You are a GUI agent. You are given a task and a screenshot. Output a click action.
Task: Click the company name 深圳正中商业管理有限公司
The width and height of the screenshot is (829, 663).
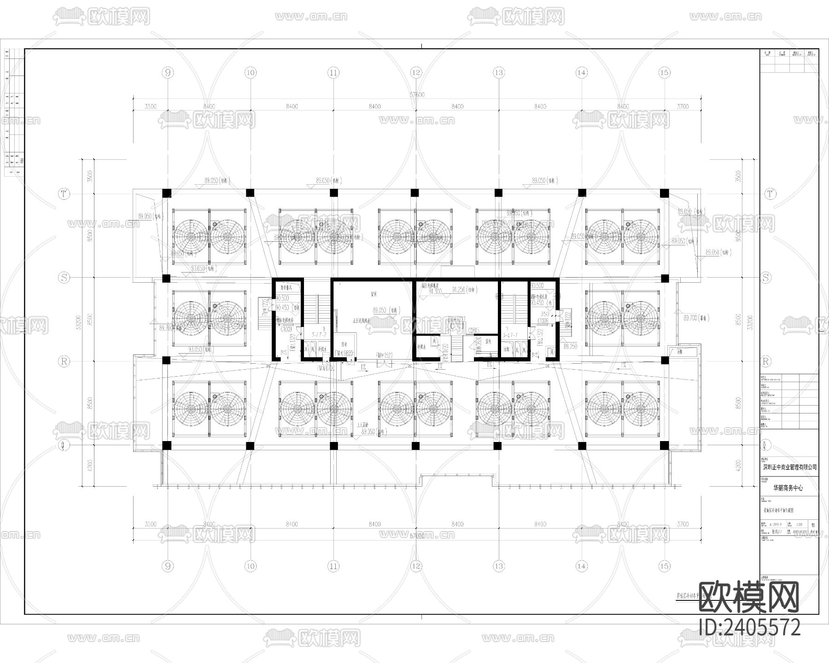(x=789, y=467)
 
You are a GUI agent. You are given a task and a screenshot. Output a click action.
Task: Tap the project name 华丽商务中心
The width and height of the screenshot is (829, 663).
(x=788, y=488)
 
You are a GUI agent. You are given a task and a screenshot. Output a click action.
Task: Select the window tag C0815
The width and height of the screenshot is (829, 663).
(x=473, y=330)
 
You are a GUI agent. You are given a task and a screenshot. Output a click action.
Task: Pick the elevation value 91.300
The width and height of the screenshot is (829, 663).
(x=435, y=291)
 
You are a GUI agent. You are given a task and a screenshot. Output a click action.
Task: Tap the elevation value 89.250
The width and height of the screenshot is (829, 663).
(x=570, y=346)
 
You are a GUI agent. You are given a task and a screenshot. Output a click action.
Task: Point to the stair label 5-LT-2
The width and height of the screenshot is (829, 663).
(x=319, y=335)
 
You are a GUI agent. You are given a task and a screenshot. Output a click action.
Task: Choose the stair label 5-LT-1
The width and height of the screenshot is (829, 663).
(x=511, y=335)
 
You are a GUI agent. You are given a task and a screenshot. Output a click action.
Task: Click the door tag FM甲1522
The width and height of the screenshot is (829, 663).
(x=384, y=355)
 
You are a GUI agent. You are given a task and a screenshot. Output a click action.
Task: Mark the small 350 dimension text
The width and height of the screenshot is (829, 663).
(x=544, y=314)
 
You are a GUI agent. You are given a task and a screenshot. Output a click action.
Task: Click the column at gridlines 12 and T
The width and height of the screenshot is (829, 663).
(x=415, y=192)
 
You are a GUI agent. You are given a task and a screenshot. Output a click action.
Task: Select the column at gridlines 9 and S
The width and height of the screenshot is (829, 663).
(x=166, y=278)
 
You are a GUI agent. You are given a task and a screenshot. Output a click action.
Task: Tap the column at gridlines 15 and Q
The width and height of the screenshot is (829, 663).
(x=664, y=445)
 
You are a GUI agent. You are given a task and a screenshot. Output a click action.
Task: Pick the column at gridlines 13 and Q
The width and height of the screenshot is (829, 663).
(x=497, y=445)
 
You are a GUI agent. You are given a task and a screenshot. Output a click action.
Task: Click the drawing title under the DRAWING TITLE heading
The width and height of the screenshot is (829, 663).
(x=782, y=511)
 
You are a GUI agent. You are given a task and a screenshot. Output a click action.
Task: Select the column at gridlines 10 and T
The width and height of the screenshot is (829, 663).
(x=250, y=192)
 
